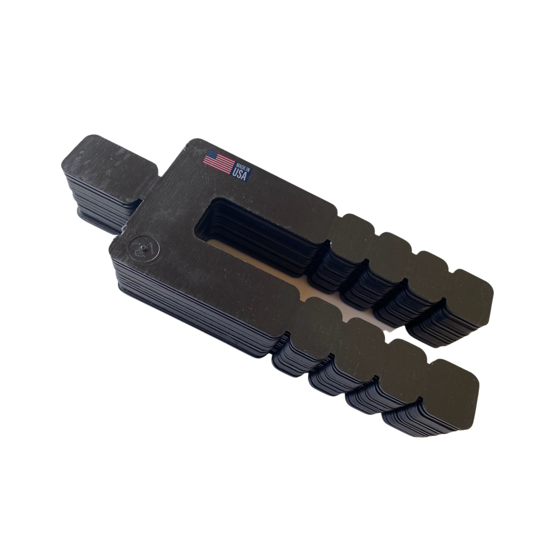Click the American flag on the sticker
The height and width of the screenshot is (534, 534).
point(218,162)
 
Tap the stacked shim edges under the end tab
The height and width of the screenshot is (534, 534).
point(99,198)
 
